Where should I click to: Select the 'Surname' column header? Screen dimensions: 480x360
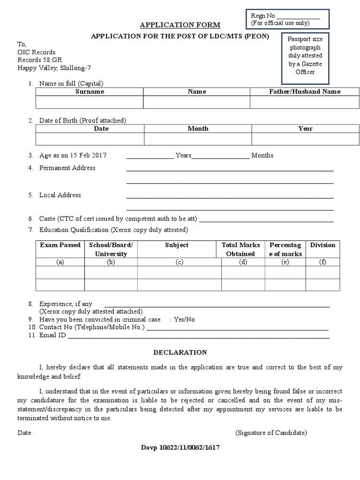pos(90,92)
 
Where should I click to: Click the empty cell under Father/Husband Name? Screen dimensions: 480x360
pos(305,102)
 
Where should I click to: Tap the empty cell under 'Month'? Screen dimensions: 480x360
pos(198,139)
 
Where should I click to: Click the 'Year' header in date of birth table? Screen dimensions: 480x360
pos(305,128)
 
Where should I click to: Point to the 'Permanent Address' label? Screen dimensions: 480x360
pos(67,168)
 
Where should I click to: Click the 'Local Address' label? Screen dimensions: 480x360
pos(60,195)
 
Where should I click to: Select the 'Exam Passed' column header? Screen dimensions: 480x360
pos(60,245)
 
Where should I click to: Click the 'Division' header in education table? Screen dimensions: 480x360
pos(322,245)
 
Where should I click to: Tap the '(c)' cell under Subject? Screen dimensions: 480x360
pos(179,262)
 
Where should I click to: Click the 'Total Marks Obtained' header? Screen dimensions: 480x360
pos(240,249)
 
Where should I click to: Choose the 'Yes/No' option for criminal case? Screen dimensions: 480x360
pos(184,319)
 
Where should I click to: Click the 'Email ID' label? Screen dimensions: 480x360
pos(52,335)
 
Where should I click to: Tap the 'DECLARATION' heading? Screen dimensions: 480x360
pos(180,352)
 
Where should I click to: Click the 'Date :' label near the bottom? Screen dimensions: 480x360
pos(26,433)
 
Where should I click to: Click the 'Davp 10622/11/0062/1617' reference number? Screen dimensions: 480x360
pos(180,448)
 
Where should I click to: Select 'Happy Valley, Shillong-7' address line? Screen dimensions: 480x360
pos(54,67)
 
